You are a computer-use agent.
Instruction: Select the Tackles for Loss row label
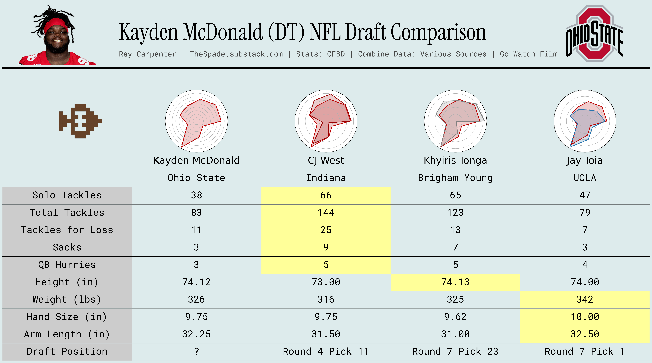click(67, 230)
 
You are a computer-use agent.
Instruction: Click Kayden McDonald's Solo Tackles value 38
click(196, 195)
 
